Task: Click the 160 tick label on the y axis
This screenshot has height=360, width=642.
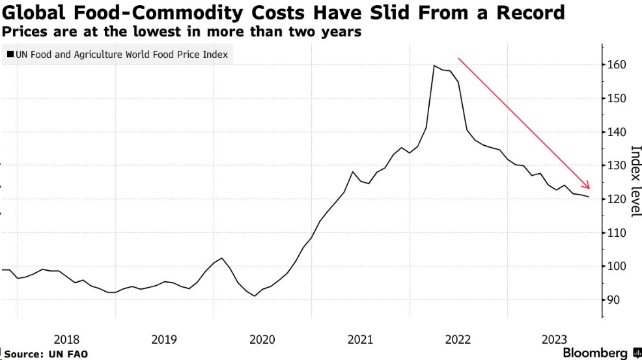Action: coord(617,65)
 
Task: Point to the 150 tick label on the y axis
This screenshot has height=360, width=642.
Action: coord(617,98)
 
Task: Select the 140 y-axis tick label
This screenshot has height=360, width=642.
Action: coord(617,132)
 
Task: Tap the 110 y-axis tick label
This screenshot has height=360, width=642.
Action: coord(617,233)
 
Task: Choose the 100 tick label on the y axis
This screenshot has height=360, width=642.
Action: coord(617,266)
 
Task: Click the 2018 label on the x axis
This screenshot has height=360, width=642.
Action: coord(66,339)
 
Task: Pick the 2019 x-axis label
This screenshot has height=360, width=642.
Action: coord(164,339)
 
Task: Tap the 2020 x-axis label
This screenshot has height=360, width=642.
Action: coord(262,339)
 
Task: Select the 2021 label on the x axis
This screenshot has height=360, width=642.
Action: coord(360,339)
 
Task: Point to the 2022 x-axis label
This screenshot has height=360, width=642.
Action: coord(458,339)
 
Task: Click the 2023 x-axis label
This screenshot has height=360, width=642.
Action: coord(555,339)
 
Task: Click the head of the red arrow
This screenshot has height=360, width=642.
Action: coord(588,187)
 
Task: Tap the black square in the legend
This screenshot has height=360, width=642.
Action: coord(10,55)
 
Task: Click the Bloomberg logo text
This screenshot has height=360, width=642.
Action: coord(595,353)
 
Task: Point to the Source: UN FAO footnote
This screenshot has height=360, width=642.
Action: coord(46,353)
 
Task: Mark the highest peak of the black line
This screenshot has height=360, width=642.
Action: coord(434,66)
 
